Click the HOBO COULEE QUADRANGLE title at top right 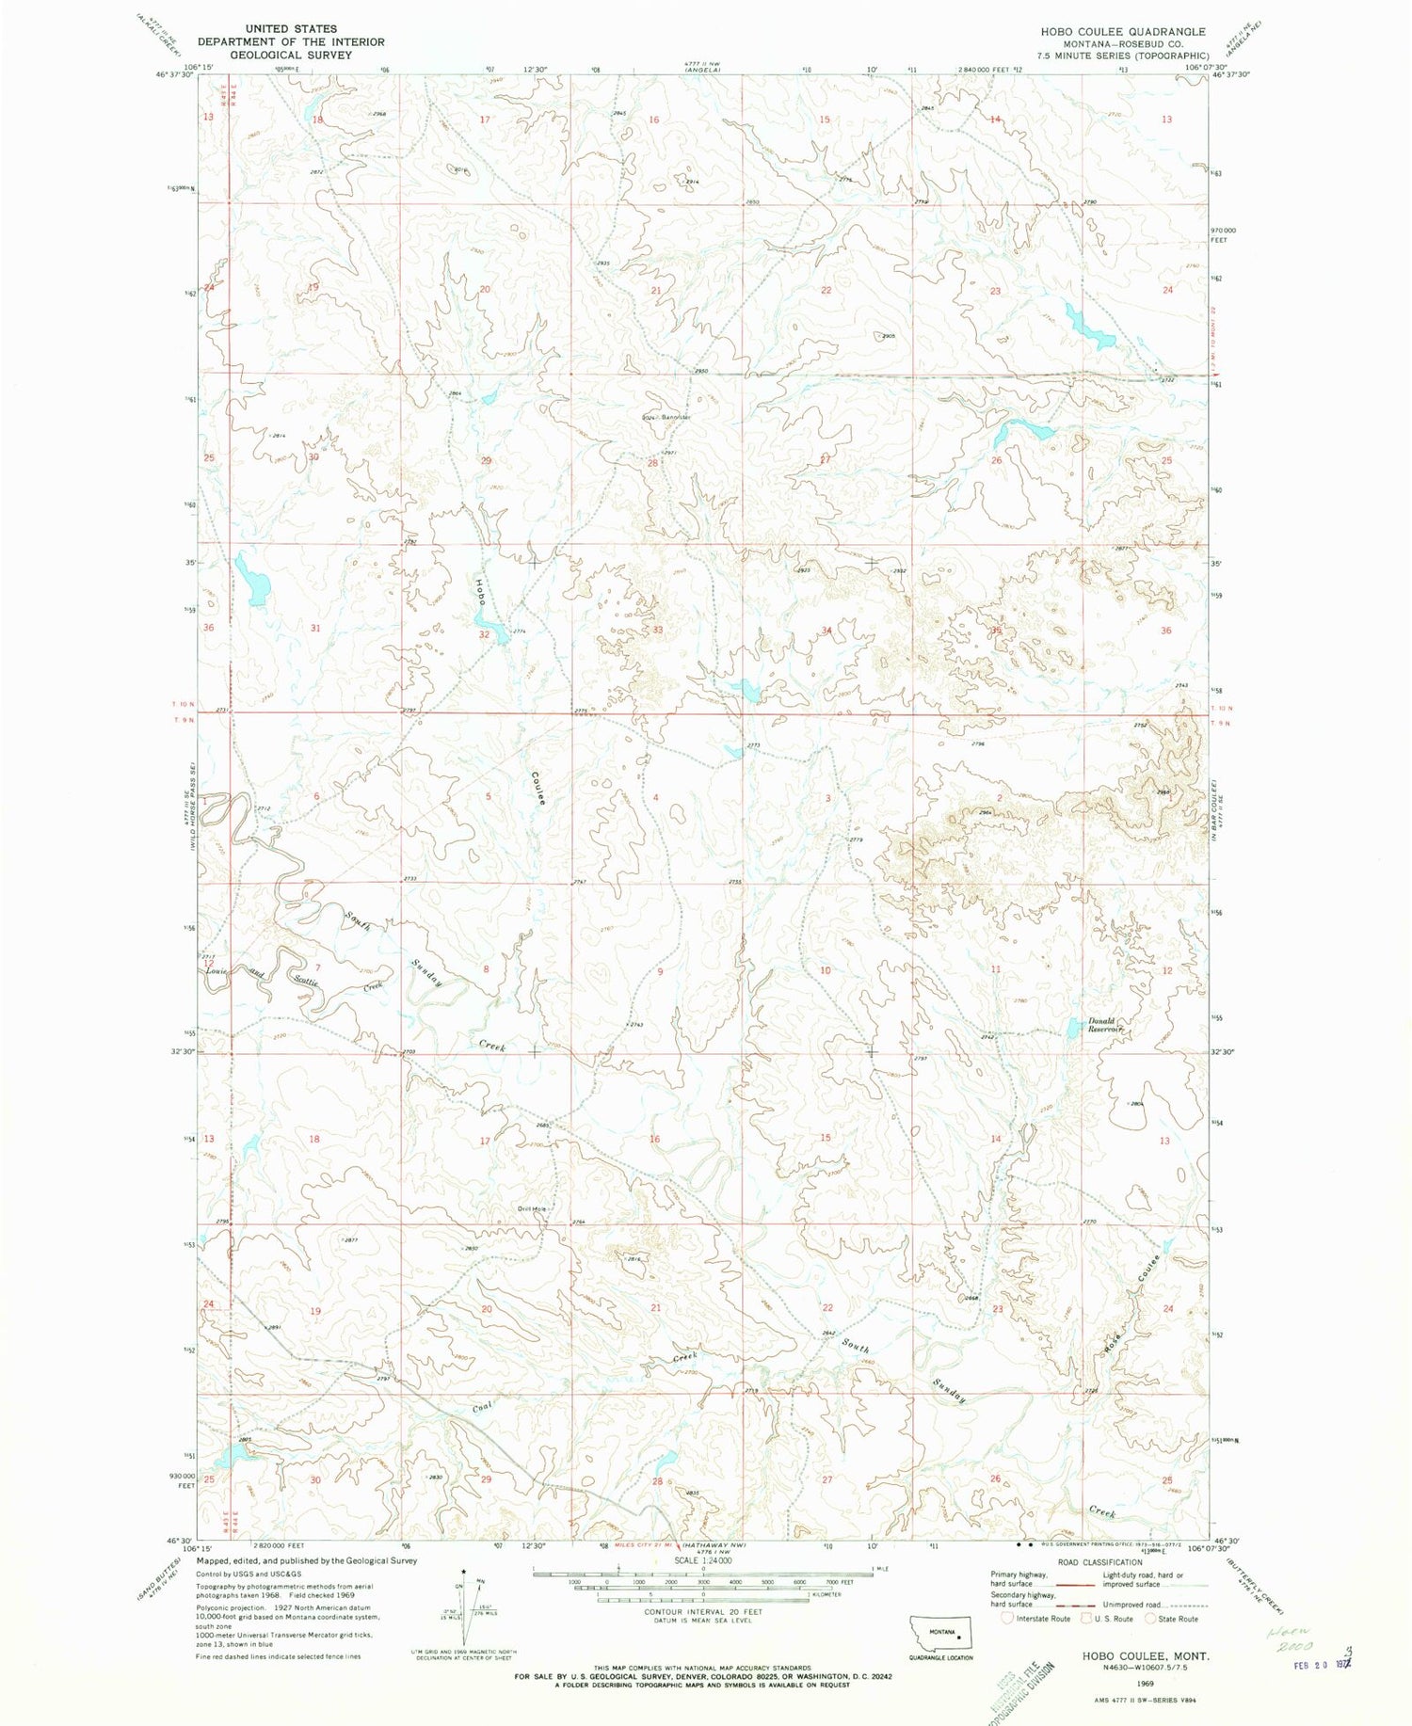[1122, 31]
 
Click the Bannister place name [675, 417]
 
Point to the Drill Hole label [532, 1209]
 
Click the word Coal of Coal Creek [482, 1408]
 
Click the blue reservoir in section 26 [1021, 431]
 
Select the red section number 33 [658, 630]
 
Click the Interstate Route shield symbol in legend [1007, 1619]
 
